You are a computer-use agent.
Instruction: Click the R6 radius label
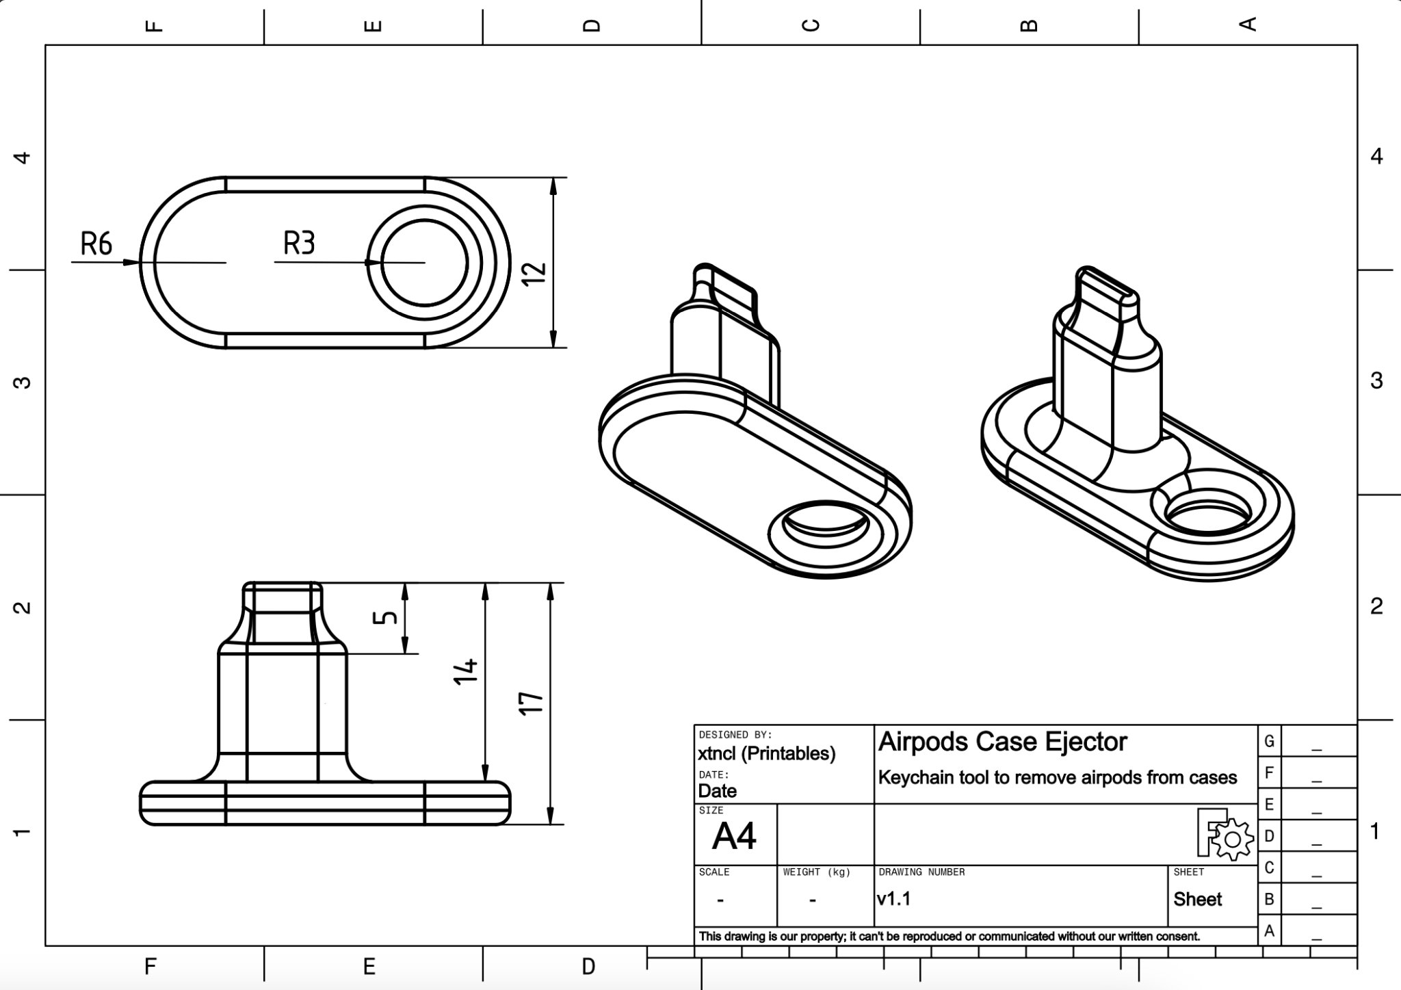point(96,244)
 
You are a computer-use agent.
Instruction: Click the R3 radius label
point(299,243)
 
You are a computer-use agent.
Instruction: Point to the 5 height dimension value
point(387,617)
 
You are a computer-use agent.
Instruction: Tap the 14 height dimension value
point(466,671)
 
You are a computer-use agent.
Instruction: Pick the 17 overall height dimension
point(532,703)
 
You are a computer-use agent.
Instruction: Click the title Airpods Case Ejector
point(1002,742)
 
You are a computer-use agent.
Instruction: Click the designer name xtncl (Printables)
point(766,754)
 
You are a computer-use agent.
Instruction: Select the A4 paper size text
point(734,835)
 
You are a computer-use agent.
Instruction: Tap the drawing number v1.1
point(893,899)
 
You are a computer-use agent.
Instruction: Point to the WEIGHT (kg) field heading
point(816,872)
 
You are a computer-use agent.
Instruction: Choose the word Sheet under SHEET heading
point(1197,899)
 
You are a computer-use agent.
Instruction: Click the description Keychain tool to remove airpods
point(1057,778)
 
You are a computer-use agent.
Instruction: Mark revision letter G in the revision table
point(1269,741)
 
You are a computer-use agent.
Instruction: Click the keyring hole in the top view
point(424,263)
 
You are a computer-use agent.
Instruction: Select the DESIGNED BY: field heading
point(735,735)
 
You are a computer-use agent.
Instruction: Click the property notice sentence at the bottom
point(949,936)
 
